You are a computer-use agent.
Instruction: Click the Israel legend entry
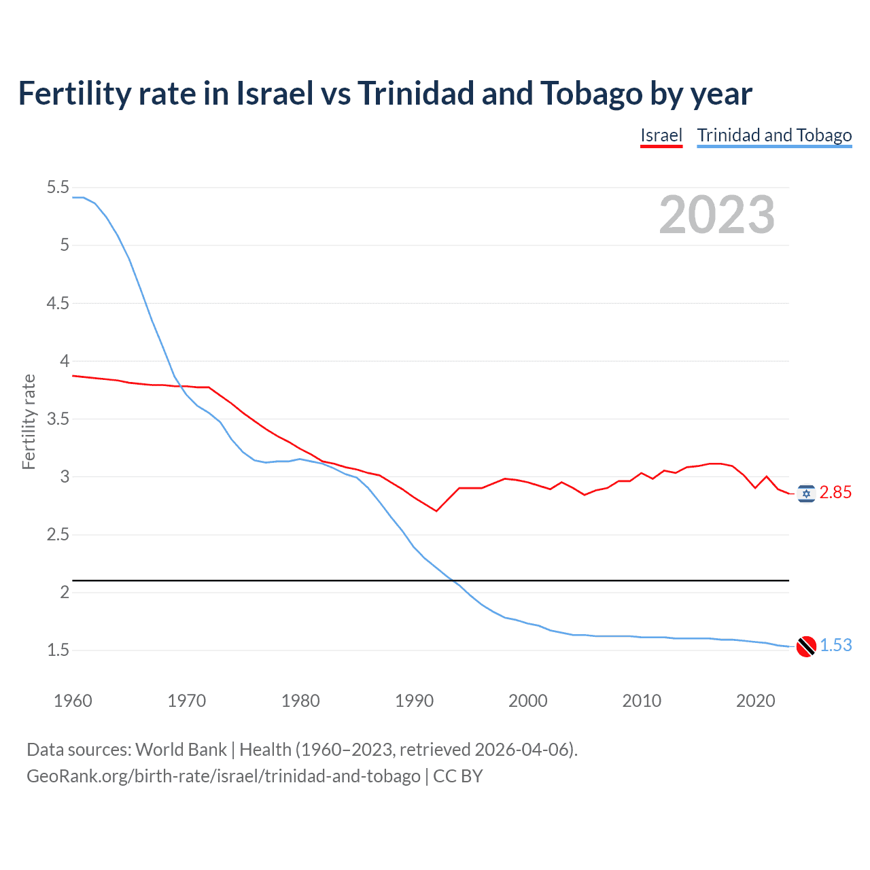pos(661,135)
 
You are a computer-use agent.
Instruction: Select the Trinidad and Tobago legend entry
pos(774,135)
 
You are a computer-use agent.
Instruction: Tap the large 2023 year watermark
pos(717,215)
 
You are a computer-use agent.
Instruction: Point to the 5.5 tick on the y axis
pos(58,188)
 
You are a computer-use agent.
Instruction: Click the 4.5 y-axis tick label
pos(58,303)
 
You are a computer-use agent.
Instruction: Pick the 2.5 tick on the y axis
pos(58,535)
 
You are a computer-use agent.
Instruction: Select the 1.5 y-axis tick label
pos(58,650)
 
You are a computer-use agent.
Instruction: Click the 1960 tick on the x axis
pos(73,701)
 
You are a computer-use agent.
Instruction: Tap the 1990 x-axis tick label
pos(414,701)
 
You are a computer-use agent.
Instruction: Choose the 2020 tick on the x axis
pos(755,701)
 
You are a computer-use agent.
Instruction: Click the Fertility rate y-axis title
pos(29,421)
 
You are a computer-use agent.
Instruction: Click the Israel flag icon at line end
pos(806,493)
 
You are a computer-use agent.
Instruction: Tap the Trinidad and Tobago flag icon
pos(806,646)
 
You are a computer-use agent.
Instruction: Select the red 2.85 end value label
pos(835,493)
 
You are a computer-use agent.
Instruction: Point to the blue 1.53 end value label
pos(835,645)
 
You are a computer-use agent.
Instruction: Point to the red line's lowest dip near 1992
pos(436,510)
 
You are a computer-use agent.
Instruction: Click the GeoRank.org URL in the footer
pos(224,776)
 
